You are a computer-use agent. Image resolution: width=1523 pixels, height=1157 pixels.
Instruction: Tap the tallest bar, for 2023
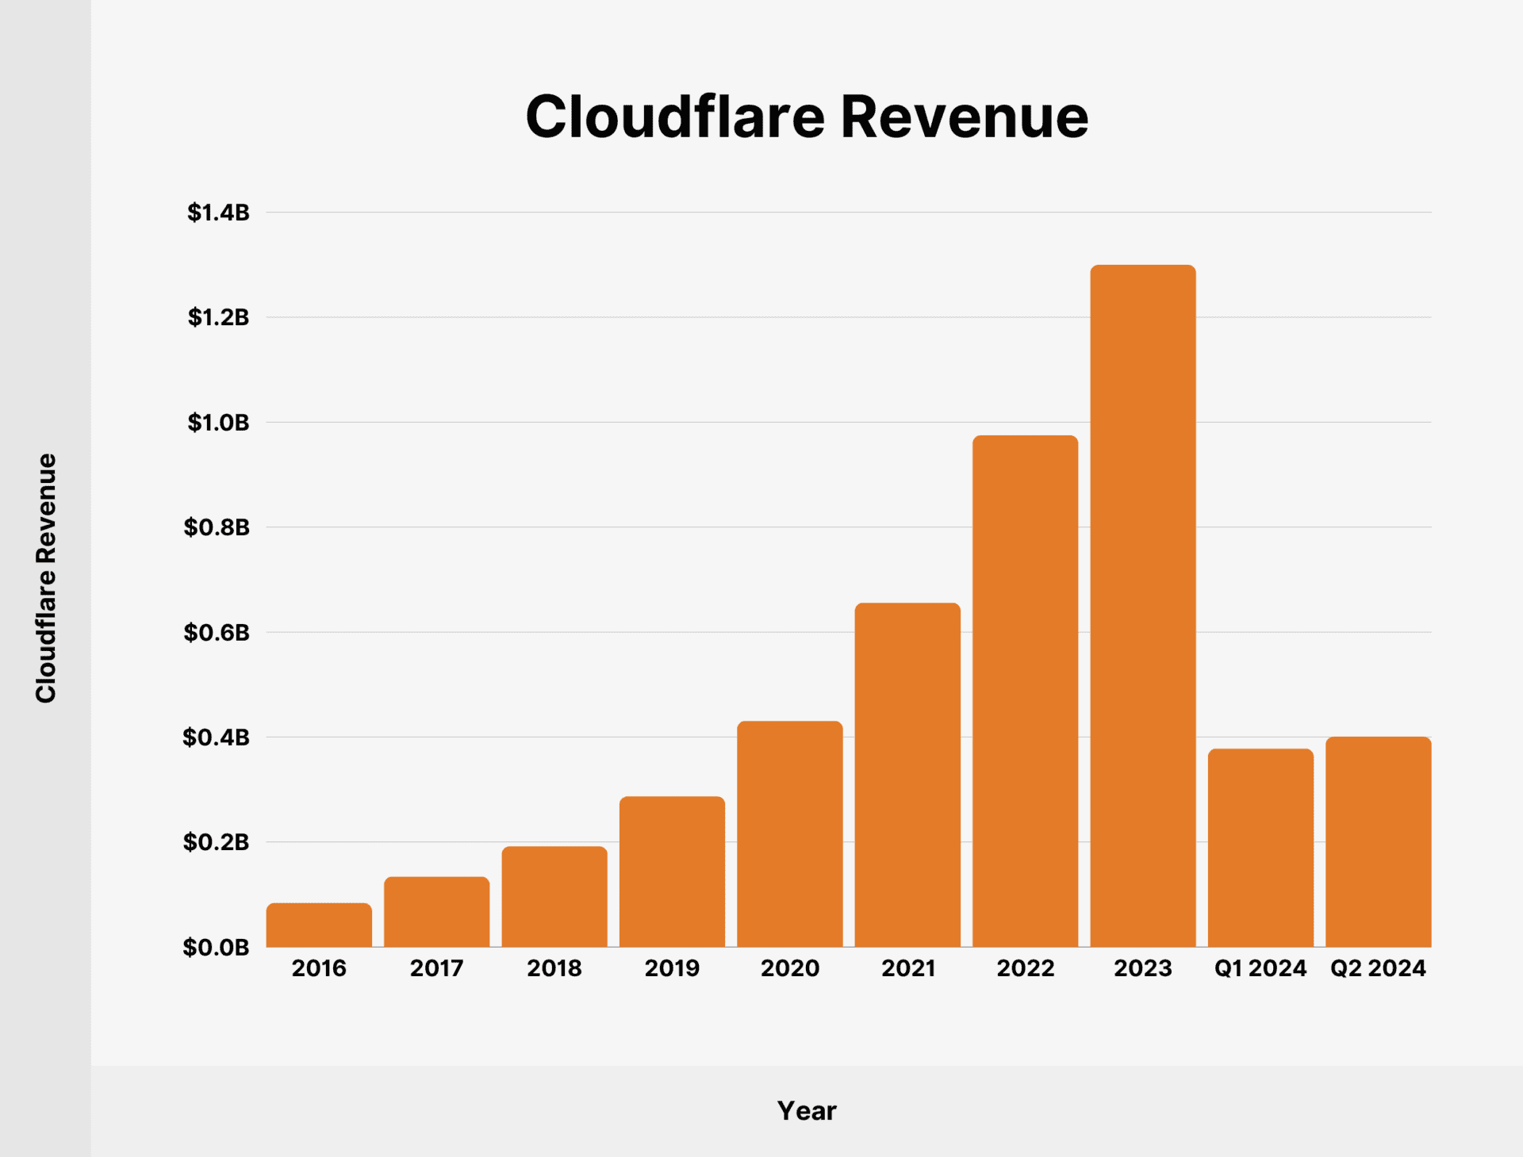1143,606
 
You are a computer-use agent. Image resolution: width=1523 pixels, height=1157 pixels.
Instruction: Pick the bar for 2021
907,775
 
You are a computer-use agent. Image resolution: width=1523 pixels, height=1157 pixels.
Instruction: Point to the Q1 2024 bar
1260,848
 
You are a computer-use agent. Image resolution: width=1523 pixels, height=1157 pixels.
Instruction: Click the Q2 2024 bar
1379,841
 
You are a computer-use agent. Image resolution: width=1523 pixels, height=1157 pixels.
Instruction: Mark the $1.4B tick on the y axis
218,213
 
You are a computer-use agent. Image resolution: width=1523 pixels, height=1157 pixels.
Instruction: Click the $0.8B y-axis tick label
217,527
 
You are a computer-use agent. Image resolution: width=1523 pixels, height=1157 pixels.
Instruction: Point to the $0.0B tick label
216,948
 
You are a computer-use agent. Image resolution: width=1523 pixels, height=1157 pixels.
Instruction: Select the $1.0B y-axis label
218,423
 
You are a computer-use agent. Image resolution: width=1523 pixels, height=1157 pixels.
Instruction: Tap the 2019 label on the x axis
672,968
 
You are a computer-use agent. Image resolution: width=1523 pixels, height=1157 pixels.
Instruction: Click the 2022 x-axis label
1026,968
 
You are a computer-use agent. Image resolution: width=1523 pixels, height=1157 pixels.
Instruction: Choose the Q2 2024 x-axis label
1379,968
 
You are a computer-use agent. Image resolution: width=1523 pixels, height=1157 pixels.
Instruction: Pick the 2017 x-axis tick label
436,968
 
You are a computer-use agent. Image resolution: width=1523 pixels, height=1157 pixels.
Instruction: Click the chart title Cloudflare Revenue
807,117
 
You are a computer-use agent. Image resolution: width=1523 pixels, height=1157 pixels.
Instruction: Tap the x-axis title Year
807,1111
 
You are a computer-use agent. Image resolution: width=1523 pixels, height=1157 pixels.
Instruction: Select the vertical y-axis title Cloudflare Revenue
46,578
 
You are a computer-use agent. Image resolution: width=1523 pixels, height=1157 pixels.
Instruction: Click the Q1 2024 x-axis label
1260,968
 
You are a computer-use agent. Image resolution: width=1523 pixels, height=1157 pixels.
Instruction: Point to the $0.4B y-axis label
217,737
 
